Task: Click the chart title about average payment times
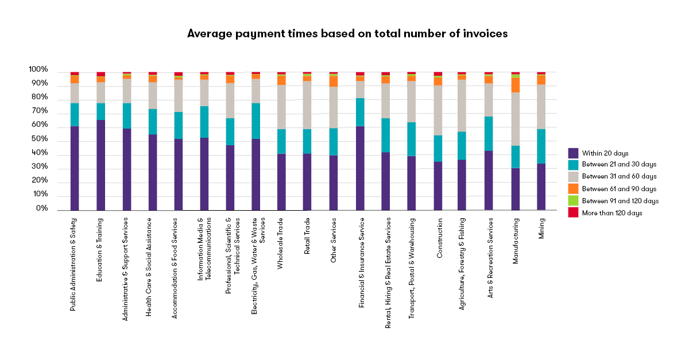click(x=347, y=34)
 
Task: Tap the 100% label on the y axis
click(x=38, y=70)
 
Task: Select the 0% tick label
click(x=41, y=209)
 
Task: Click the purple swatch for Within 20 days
click(x=573, y=153)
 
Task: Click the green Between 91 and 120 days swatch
click(x=573, y=201)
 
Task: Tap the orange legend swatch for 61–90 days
click(x=573, y=189)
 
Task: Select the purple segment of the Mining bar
click(x=541, y=187)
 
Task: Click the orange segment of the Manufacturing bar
click(x=515, y=85)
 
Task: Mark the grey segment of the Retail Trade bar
click(x=307, y=105)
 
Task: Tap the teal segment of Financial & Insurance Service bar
click(x=360, y=112)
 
